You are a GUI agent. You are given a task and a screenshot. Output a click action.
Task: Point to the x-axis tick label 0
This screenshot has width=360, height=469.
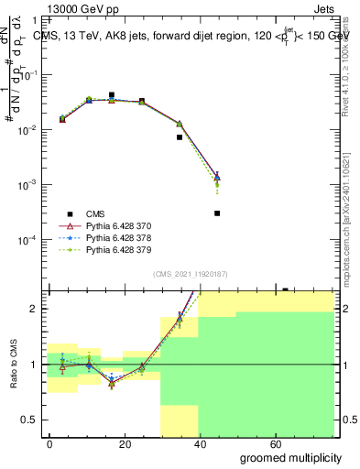click(49, 444)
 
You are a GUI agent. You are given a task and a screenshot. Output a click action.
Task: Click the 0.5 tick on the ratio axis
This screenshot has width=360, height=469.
click(29, 420)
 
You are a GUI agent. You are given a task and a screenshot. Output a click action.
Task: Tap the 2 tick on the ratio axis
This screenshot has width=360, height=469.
click(33, 309)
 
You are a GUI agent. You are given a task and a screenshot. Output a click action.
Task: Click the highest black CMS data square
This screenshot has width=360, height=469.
click(111, 95)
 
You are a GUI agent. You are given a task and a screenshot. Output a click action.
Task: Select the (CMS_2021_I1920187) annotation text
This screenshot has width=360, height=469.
click(190, 273)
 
